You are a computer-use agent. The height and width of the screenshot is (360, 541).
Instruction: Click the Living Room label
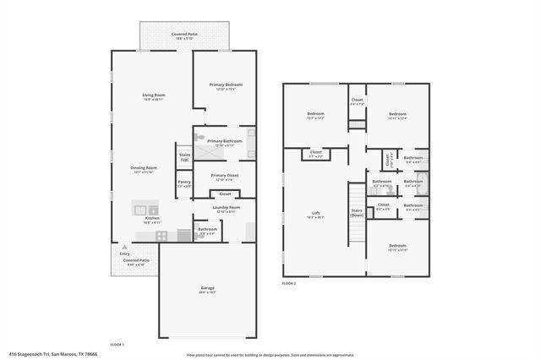click(x=153, y=96)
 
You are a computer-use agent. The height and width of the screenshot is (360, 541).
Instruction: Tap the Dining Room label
click(x=141, y=168)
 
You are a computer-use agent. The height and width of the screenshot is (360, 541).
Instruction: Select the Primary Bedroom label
click(x=226, y=86)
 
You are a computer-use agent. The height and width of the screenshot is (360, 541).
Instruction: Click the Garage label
click(x=206, y=290)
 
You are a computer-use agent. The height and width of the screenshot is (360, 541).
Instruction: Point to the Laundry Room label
click(x=226, y=208)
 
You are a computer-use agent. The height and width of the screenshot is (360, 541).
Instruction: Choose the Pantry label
click(x=183, y=183)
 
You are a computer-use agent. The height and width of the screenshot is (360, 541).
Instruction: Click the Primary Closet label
click(x=225, y=177)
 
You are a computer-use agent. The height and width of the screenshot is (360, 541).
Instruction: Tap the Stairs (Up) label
click(x=184, y=156)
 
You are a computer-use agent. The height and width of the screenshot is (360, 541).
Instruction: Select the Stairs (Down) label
click(x=356, y=212)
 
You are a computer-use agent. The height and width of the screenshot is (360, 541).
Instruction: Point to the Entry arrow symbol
click(x=124, y=246)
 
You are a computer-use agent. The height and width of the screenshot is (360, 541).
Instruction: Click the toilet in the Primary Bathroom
click(x=199, y=135)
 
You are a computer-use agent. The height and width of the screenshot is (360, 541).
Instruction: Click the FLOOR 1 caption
click(x=117, y=345)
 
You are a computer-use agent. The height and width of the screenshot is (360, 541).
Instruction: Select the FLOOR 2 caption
click(x=289, y=283)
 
